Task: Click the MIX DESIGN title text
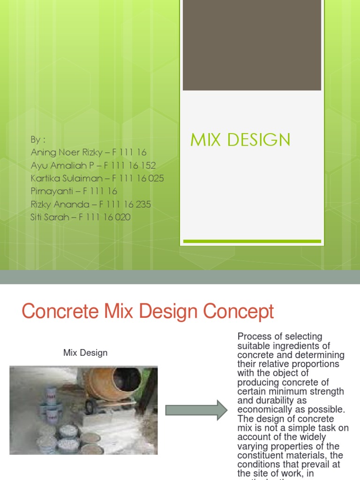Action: click(240, 140)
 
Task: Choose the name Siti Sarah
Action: click(50, 217)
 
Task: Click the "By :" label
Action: click(38, 139)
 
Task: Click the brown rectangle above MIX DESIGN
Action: click(252, 45)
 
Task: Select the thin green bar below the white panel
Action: click(252, 241)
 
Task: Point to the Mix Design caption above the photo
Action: click(85, 352)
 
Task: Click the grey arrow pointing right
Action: click(196, 411)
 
